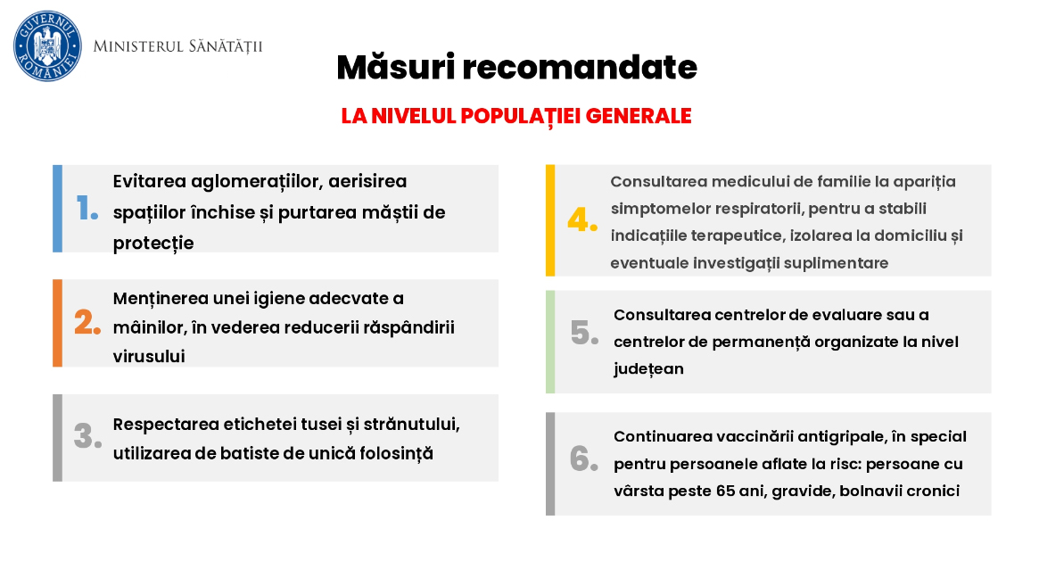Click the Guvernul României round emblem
tap(47, 45)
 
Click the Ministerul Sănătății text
tap(177, 46)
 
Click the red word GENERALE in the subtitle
tap(638, 116)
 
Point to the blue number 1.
tap(87, 208)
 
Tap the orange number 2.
tap(87, 323)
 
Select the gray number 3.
tap(87, 436)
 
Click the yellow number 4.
tap(582, 219)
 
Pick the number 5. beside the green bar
tap(584, 333)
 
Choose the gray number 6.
tap(584, 458)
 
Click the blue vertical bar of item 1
tap(58, 209)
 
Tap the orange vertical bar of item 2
tap(58, 323)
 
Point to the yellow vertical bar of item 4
tap(550, 220)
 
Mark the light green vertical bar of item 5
tap(550, 342)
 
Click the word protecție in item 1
tap(153, 244)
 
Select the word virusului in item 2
tap(149, 357)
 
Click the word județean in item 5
tap(648, 369)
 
